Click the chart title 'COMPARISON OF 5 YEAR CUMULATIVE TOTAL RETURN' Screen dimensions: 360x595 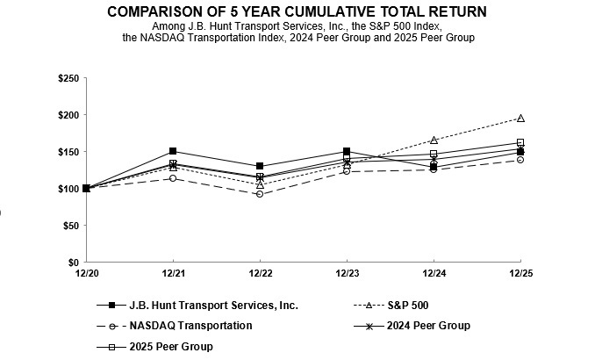point(297,11)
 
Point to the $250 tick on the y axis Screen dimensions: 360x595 point(67,78)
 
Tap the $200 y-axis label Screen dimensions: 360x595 point(67,115)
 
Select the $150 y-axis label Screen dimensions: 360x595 point(67,152)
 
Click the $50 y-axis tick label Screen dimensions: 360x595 point(69,226)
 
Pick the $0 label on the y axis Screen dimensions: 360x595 point(73,263)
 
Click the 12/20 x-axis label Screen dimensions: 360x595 point(86,274)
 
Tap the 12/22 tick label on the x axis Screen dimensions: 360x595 point(260,274)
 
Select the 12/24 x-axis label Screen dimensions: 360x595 point(434,274)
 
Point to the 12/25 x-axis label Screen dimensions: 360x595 point(520,274)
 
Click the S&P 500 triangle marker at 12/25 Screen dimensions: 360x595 point(520,118)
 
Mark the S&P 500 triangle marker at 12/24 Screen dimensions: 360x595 point(434,140)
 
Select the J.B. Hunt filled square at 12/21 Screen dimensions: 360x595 point(173,151)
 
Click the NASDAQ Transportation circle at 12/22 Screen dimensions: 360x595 point(260,194)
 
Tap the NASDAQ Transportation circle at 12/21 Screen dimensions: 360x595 point(173,178)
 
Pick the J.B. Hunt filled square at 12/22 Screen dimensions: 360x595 point(260,166)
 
